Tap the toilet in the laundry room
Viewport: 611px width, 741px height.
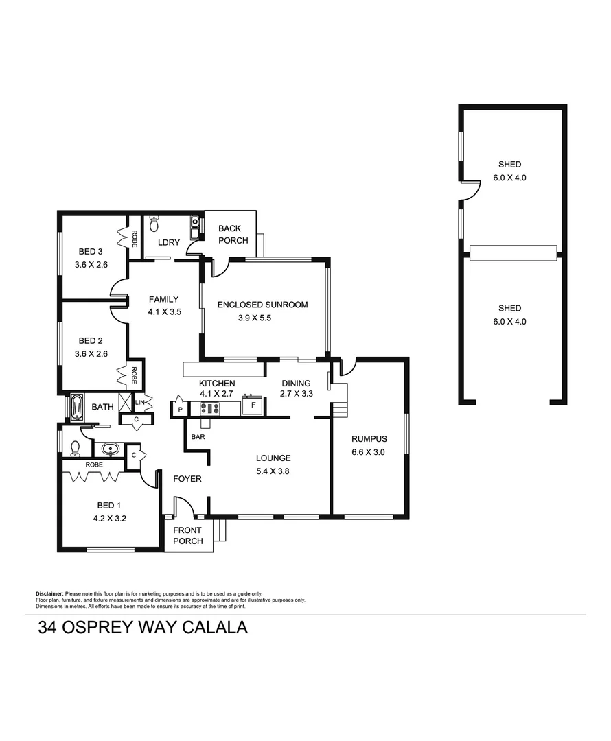[x=154, y=224]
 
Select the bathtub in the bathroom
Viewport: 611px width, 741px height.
[x=75, y=406]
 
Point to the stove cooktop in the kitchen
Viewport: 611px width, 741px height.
[x=209, y=408]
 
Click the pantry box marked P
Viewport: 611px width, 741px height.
[x=179, y=409]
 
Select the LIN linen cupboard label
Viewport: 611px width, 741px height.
[x=140, y=402]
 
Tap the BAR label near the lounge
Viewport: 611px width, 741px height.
[x=198, y=436]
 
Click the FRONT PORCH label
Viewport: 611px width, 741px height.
[x=187, y=535]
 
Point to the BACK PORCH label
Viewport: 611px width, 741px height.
[x=233, y=234]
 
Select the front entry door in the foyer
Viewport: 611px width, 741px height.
[x=184, y=508]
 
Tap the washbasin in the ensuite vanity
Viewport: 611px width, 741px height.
[x=110, y=450]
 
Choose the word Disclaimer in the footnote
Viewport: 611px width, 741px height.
[x=49, y=593]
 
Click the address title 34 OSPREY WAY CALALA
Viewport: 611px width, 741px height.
[x=142, y=627]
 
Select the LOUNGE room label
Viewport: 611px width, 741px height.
[x=273, y=458]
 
